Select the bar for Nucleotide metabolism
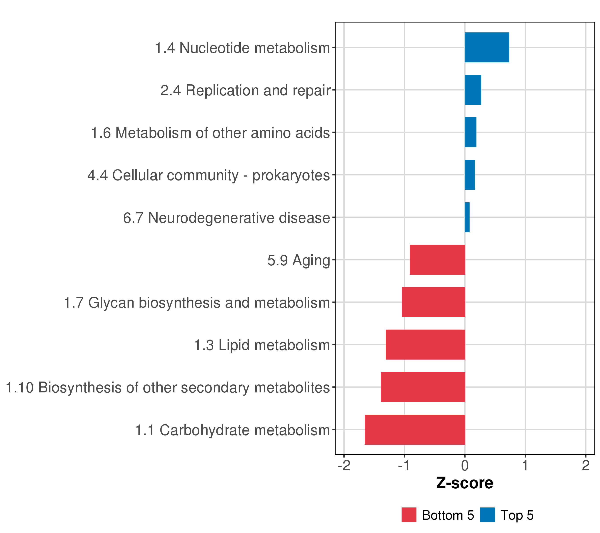click(x=487, y=48)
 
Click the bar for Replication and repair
click(x=473, y=90)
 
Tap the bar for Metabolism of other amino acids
click(x=470, y=132)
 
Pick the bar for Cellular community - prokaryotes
click(x=470, y=175)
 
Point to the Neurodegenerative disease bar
click(x=467, y=217)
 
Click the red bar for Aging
click(x=437, y=260)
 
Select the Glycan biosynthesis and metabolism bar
click(x=433, y=302)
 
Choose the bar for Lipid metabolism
click(x=425, y=345)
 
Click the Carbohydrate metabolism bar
click(x=415, y=430)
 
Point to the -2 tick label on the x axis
click(x=344, y=465)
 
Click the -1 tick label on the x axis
click(x=404, y=465)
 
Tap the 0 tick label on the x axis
click(x=465, y=465)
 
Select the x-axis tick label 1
click(x=525, y=465)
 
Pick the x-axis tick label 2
click(x=586, y=465)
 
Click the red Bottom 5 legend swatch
click(x=409, y=515)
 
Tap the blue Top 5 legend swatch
click(x=487, y=515)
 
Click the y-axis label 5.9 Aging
click(x=299, y=261)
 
